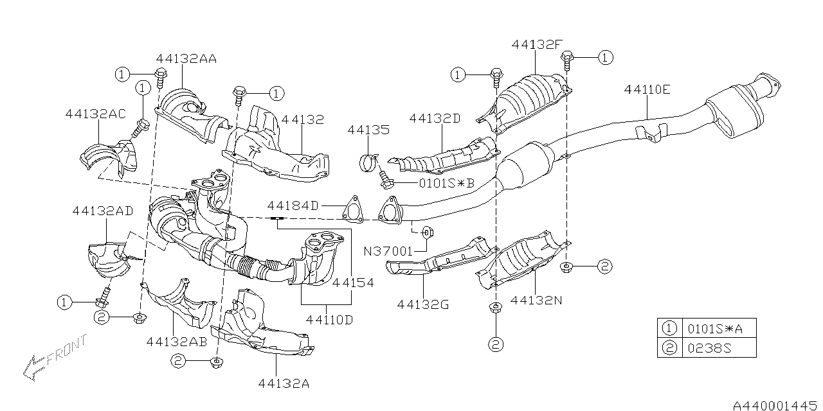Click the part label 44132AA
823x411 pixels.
[186, 58]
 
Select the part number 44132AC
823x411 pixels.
[95, 114]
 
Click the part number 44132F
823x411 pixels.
[538, 44]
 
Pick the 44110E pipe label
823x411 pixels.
[647, 90]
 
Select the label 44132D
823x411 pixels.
[435, 118]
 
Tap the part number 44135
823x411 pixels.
[368, 130]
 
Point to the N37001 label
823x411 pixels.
[388, 252]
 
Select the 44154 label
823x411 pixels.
[352, 282]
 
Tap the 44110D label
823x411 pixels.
[329, 319]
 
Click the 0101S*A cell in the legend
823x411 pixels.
[718, 328]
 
